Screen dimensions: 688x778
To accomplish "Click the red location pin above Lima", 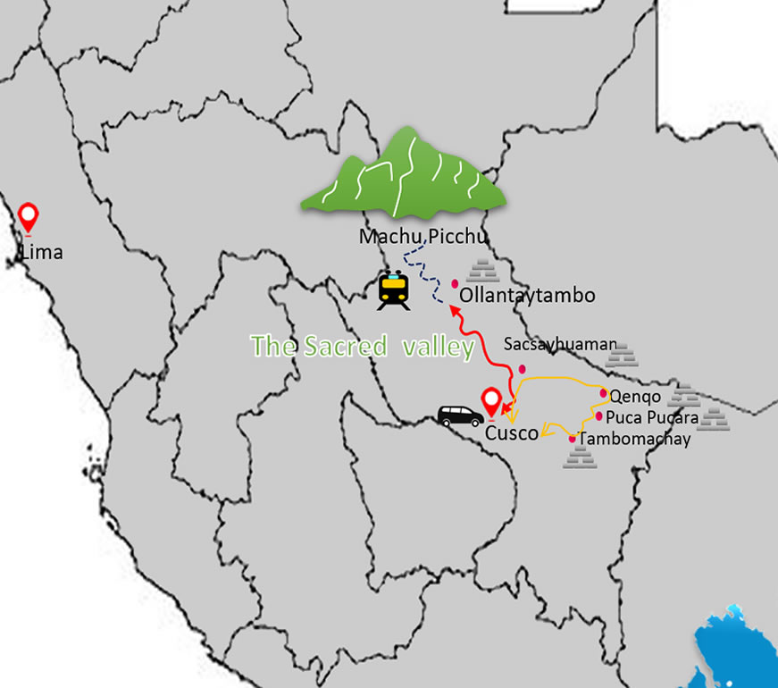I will pos(29,217).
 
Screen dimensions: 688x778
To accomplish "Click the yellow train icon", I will pos(394,290).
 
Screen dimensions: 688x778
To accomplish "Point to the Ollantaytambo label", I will pos(527,295).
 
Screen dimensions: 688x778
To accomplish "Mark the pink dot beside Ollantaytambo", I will pos(455,283).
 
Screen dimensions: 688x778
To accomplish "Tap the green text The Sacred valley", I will pos(362,347).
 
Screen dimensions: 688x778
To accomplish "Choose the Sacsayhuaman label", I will pos(560,343).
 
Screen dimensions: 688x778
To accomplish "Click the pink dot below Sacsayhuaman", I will pos(523,368).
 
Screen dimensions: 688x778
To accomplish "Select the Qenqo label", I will pos(635,394).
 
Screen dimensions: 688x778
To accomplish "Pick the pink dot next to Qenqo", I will pos(604,393).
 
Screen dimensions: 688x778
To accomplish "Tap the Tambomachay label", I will pos(635,439).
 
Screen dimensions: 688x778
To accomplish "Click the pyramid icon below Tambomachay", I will pos(580,458).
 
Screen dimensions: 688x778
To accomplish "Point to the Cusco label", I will pos(512,433).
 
